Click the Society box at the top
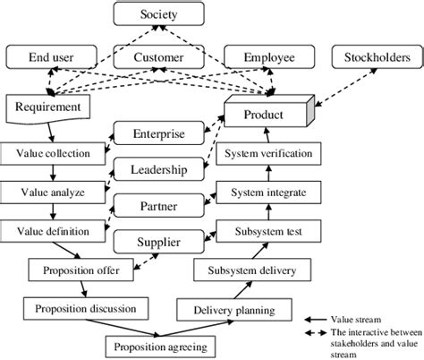(x=158, y=14)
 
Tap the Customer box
(x=158, y=58)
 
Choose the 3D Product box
(x=266, y=116)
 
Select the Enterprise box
(x=158, y=134)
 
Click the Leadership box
(x=158, y=169)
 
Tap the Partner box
(x=158, y=206)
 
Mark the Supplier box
(x=158, y=241)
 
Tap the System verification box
(x=268, y=153)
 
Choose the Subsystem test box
(x=268, y=230)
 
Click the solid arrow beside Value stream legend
(x=317, y=318)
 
